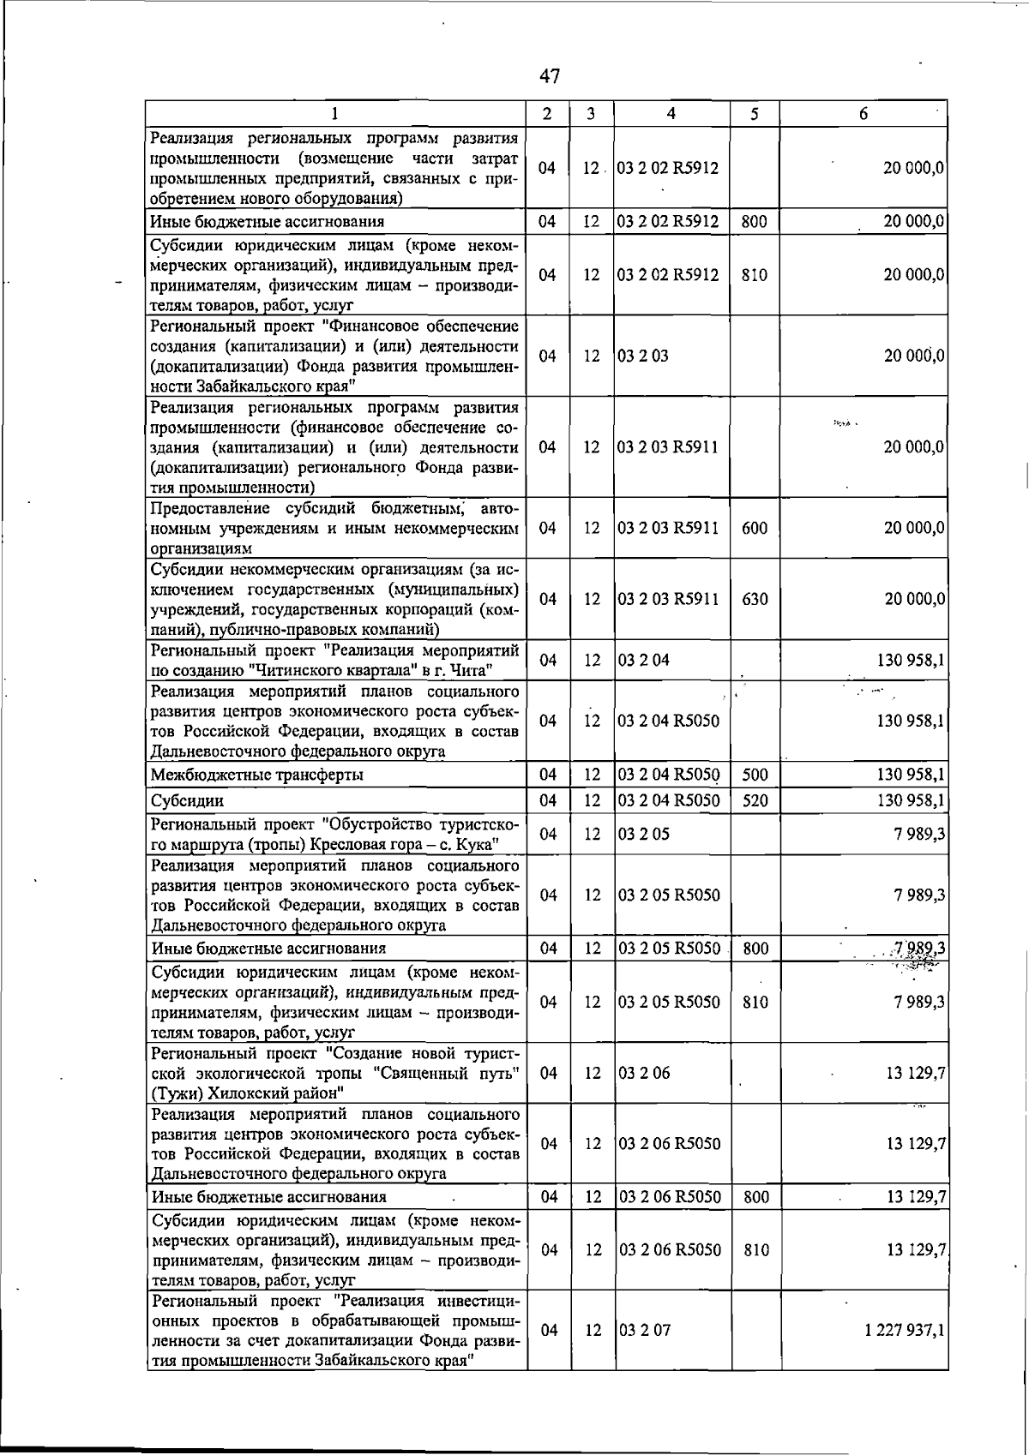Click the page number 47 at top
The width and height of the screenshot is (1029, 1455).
(x=550, y=76)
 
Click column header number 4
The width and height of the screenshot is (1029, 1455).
(x=671, y=114)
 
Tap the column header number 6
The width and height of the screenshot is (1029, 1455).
(x=863, y=114)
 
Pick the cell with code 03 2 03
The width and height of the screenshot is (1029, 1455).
(x=643, y=356)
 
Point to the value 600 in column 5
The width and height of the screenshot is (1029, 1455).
(x=755, y=528)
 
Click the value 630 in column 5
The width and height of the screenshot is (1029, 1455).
(x=755, y=599)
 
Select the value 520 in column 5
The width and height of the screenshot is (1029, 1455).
(x=755, y=800)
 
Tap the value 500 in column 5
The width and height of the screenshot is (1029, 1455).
(x=755, y=775)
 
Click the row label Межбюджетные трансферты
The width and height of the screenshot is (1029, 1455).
(x=256, y=775)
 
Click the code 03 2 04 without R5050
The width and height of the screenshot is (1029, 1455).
(x=644, y=660)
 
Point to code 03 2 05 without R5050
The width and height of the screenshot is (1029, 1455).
(x=644, y=834)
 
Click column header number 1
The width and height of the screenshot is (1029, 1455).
(x=334, y=114)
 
